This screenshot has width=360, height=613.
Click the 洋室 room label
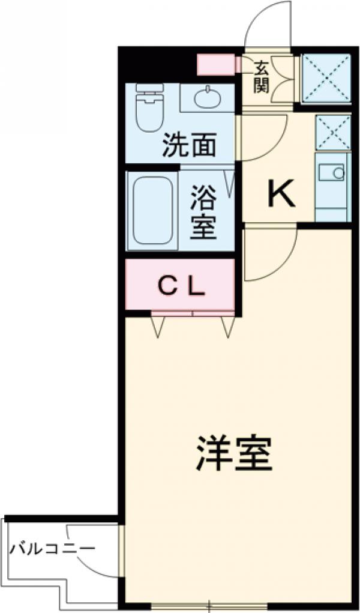coord(233,455)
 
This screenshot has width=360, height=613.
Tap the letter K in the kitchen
coord(280,194)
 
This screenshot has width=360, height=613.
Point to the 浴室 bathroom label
coord(203,213)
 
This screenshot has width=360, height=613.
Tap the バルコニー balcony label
coord(53,549)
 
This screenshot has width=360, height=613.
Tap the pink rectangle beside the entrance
coord(216,65)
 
